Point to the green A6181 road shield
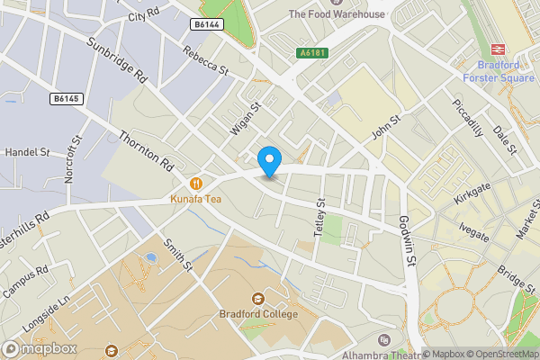coord(313,53)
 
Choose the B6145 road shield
coord(66,97)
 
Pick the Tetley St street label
coord(319,217)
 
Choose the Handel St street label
coord(26,152)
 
